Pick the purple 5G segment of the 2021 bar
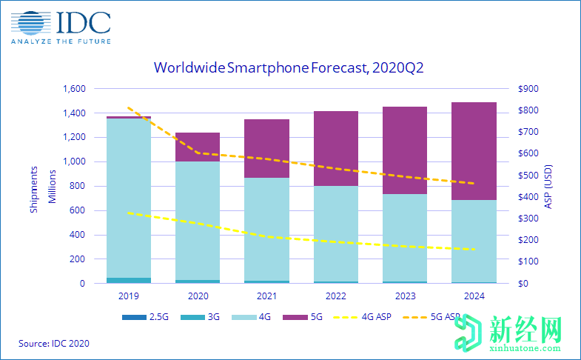[x=266, y=148]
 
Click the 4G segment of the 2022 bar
[x=335, y=233]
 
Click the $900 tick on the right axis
[x=531, y=89]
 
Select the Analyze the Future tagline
[x=61, y=41]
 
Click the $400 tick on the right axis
[x=531, y=197]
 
